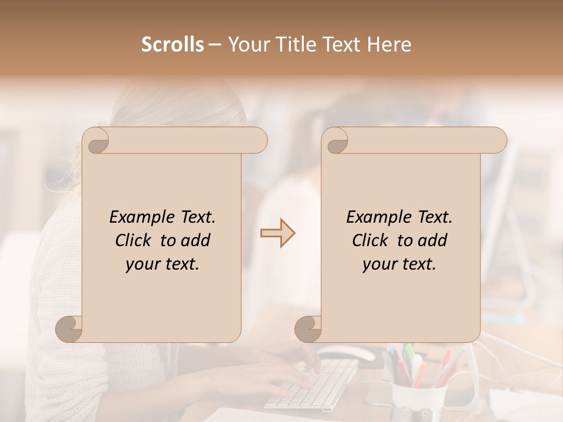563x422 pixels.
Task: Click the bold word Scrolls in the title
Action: [172, 45]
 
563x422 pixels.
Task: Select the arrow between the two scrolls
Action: [278, 233]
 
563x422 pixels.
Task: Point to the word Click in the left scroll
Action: [135, 240]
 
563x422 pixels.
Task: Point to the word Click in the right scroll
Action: [372, 240]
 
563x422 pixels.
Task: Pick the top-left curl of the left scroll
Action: [97, 141]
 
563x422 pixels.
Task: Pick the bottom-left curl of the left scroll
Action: [69, 329]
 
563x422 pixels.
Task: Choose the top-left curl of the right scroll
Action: [337, 141]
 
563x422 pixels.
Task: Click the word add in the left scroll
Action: [196, 240]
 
